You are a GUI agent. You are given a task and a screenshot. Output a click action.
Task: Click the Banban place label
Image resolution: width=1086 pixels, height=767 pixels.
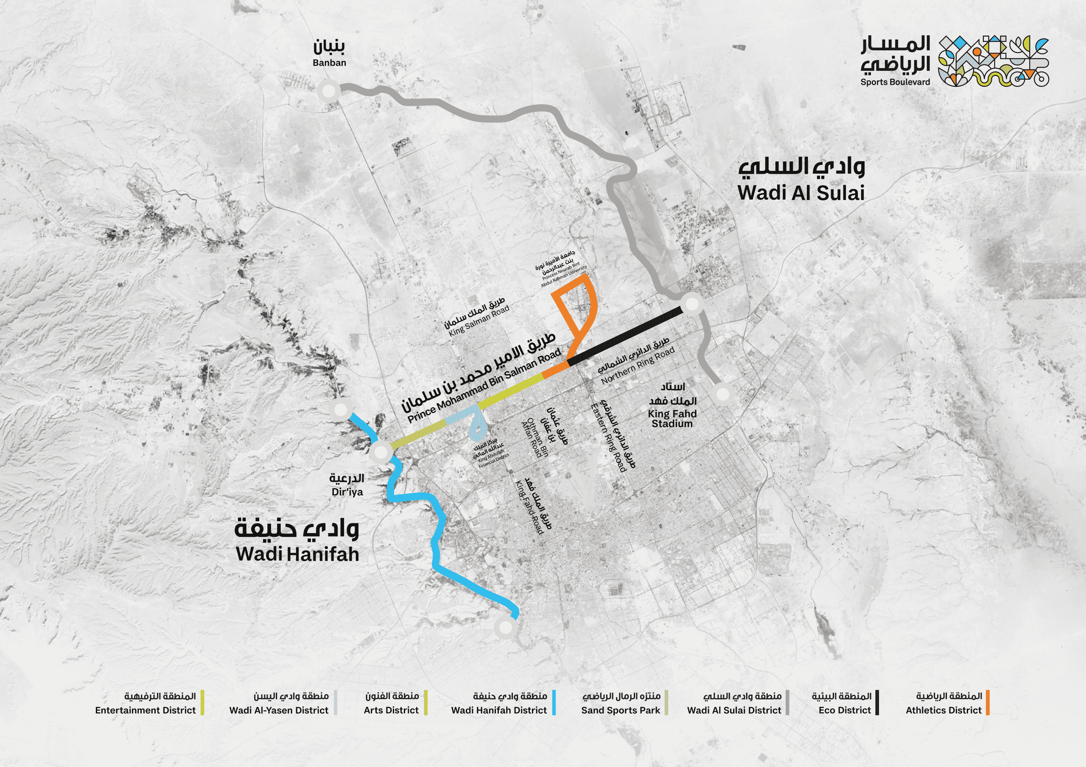click(x=329, y=62)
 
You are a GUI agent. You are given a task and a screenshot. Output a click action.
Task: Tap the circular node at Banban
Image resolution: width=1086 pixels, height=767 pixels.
click(x=329, y=90)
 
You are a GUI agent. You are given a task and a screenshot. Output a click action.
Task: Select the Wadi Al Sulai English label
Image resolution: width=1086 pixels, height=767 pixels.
click(x=801, y=193)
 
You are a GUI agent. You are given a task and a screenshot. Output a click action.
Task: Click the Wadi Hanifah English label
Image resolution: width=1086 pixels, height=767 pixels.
click(x=297, y=554)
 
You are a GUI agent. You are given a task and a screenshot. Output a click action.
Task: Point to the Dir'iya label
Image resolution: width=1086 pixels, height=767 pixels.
click(x=347, y=492)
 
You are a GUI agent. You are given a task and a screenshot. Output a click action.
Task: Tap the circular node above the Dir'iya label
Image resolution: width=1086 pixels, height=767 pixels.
click(x=381, y=452)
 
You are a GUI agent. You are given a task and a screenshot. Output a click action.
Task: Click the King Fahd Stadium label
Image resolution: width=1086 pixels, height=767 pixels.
click(x=672, y=418)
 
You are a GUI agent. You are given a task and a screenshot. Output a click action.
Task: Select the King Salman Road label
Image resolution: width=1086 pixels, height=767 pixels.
click(x=479, y=320)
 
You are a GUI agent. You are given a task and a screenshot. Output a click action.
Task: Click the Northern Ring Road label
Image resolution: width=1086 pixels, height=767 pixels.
click(x=638, y=366)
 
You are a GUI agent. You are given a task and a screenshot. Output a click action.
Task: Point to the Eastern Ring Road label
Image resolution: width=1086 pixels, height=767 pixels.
click(x=608, y=437)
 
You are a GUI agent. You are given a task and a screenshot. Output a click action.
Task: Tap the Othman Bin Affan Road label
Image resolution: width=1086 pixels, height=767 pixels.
click(x=535, y=437)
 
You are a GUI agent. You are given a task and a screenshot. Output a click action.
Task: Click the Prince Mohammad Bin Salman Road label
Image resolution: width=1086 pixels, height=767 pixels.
click(x=484, y=386)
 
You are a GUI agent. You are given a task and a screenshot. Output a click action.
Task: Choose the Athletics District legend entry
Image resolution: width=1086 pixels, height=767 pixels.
click(x=943, y=710)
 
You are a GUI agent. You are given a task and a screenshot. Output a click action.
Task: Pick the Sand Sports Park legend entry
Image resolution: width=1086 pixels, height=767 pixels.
click(x=620, y=710)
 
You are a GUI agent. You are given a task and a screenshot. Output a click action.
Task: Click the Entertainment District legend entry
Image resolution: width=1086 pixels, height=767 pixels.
click(x=145, y=710)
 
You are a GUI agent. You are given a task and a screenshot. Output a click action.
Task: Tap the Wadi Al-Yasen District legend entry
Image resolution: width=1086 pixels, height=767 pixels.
click(x=279, y=710)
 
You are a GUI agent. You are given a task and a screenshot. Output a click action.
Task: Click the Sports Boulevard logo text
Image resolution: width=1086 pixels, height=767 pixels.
click(x=895, y=82)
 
